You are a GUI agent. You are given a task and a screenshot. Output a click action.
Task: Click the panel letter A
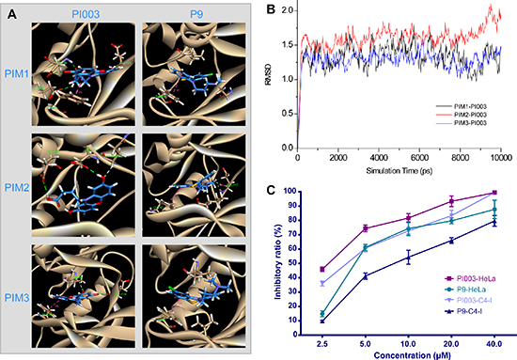12,14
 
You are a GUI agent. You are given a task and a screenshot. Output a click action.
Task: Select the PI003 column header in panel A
86,14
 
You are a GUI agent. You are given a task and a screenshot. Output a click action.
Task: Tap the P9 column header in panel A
196,14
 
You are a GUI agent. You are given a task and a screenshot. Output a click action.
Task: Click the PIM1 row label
17,74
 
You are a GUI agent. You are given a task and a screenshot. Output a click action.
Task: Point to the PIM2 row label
17,188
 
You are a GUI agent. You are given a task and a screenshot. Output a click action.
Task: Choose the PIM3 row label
17,298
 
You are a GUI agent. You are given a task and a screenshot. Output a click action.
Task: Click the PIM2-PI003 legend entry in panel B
462,115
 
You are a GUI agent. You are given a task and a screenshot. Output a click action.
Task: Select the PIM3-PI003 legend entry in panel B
462,123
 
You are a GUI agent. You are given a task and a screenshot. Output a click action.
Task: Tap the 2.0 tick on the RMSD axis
288,10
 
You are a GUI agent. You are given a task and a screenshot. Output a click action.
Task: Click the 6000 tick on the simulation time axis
419,158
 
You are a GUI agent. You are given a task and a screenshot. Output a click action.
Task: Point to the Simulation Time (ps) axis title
399,171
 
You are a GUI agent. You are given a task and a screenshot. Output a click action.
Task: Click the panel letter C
271,190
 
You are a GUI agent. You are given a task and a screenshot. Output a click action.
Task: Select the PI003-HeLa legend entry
471,279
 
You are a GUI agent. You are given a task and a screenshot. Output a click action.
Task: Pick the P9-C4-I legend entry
464,311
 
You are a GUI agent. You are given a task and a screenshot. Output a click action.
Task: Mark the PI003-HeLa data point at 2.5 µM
322,270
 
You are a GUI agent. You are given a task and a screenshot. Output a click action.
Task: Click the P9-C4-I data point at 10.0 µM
408,258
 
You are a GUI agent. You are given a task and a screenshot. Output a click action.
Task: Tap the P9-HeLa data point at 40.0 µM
494,210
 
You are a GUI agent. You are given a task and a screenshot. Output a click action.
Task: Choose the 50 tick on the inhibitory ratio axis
292,263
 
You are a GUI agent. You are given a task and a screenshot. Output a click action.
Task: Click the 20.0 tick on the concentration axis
451,344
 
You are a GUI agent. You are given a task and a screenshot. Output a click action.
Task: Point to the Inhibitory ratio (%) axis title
278,262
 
